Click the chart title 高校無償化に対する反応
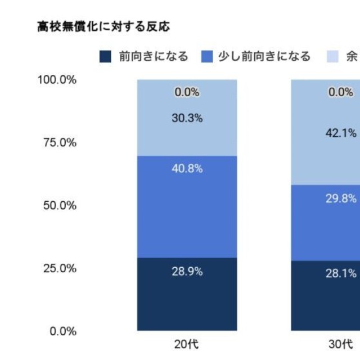pyautogui.click(x=103, y=26)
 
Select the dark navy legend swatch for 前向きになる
pyautogui.click(x=105, y=57)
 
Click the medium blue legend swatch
pyautogui.click(x=207, y=57)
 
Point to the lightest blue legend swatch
pyautogui.click(x=334, y=57)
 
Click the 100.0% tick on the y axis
pyautogui.click(x=57, y=80)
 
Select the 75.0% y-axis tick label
pyautogui.click(x=60, y=143)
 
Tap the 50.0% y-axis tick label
pyautogui.click(x=60, y=205)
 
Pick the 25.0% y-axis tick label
pyautogui.click(x=60, y=268)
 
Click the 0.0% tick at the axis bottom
pyautogui.click(x=62, y=331)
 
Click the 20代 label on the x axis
pyautogui.click(x=187, y=344)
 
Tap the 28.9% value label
pyautogui.click(x=187, y=271)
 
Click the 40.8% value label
pyautogui.click(x=187, y=169)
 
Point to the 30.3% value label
pyautogui.click(x=187, y=119)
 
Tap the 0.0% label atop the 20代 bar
pyautogui.click(x=187, y=93)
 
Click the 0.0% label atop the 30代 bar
pyautogui.click(x=341, y=93)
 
